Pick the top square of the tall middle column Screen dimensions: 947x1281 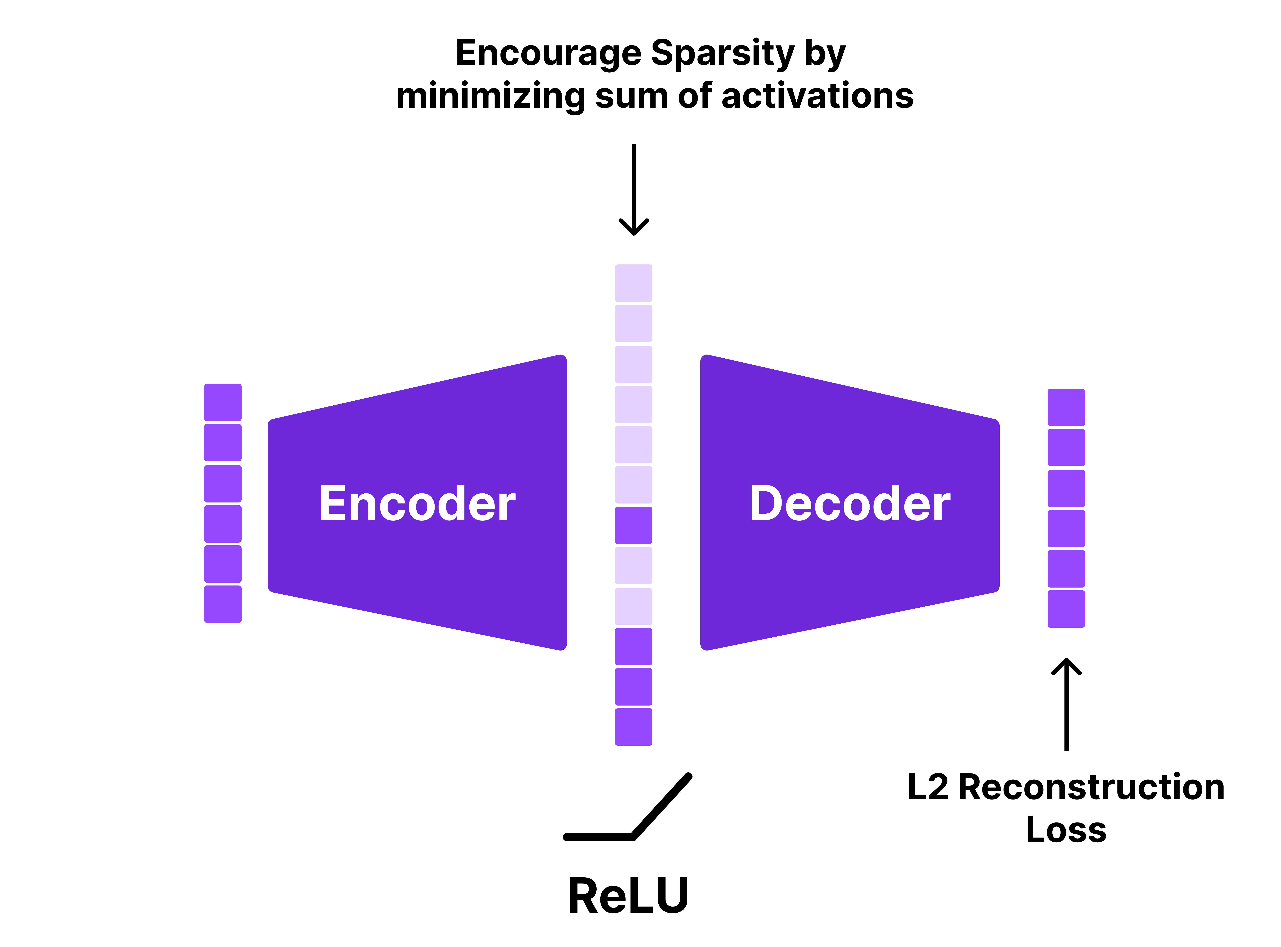pyautogui.click(x=634, y=283)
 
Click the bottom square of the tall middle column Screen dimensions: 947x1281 pyautogui.click(x=634, y=727)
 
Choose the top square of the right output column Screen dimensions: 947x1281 pyautogui.click(x=1066, y=407)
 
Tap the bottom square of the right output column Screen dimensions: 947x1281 pyautogui.click(x=1066, y=609)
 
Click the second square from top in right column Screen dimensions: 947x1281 pyautogui.click(x=1066, y=447)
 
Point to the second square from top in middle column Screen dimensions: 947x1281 pyautogui.click(x=634, y=323)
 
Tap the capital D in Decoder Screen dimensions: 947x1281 pyautogui.click(x=765, y=503)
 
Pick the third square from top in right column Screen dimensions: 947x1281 pyautogui.click(x=1066, y=488)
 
